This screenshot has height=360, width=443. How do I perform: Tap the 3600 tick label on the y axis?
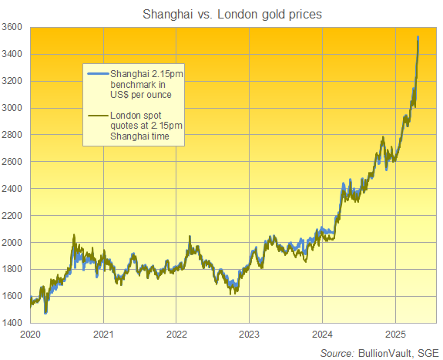pyautogui.click(x=14, y=28)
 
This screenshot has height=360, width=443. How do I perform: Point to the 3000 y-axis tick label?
pyautogui.click(x=14, y=108)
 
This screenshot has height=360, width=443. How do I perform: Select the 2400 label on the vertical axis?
pyautogui.click(x=14, y=189)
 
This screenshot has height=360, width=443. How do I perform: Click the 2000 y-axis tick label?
pyautogui.click(x=14, y=243)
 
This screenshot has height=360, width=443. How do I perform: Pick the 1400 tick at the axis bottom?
pyautogui.click(x=14, y=323)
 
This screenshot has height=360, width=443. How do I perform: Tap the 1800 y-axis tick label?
pyautogui.click(x=14, y=270)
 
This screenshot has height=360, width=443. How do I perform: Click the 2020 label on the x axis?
pyautogui.click(x=30, y=335)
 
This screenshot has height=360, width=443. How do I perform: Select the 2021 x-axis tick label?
pyautogui.click(x=103, y=335)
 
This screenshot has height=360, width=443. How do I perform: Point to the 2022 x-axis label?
pyautogui.click(x=176, y=335)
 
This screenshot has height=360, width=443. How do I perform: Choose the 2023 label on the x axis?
pyautogui.click(x=249, y=335)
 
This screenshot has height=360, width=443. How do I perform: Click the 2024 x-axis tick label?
pyautogui.click(x=322, y=335)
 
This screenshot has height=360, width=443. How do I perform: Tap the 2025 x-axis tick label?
pyautogui.click(x=394, y=335)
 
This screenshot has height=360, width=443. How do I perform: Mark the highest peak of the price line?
pyautogui.click(x=418, y=37)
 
